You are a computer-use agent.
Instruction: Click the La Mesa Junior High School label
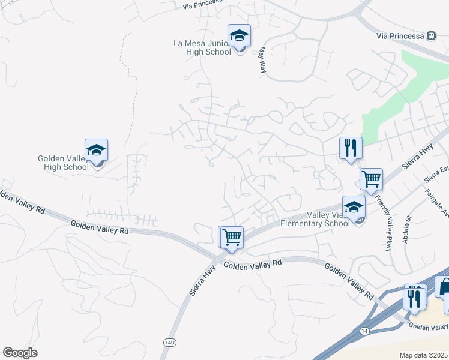[202, 47]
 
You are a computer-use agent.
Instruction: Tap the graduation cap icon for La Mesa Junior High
[239, 35]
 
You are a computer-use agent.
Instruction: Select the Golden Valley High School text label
[63, 163]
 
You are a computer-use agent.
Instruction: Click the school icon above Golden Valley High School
[96, 150]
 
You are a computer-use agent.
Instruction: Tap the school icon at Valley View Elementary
[354, 207]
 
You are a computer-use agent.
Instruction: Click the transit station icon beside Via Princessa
[431, 35]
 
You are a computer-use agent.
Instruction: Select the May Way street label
[262, 61]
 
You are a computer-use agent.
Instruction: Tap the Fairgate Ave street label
[437, 205]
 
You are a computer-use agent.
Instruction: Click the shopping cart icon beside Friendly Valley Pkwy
[371, 178]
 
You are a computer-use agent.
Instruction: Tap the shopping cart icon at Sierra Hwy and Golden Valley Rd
[231, 237]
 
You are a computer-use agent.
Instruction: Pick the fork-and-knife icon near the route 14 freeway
[414, 296]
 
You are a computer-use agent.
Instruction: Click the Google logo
[20, 353]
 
